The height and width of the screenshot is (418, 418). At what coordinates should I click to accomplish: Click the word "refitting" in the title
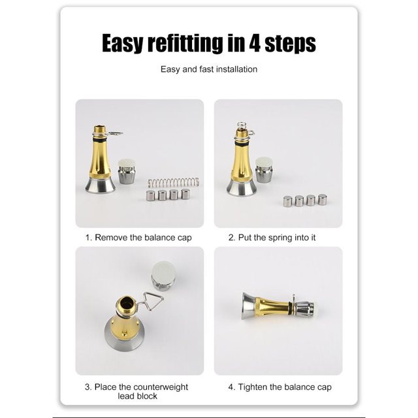point(185,43)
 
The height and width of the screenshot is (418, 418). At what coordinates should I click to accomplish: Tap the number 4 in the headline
point(255,42)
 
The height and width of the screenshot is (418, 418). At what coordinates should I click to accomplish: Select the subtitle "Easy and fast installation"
point(209,69)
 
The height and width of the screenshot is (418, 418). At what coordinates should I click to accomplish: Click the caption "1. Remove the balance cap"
point(138,238)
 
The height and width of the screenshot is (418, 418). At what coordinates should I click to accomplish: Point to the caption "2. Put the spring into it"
point(272,238)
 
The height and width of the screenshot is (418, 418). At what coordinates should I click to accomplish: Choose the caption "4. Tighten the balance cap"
point(280,387)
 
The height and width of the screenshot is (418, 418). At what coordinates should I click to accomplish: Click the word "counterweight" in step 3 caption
point(161,387)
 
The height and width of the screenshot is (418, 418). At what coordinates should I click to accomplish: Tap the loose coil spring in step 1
point(173,183)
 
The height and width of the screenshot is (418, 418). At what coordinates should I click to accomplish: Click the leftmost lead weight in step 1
point(150,195)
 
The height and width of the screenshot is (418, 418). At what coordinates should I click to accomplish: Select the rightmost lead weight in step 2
point(323,199)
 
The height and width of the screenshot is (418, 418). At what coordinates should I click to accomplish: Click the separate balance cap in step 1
point(127,171)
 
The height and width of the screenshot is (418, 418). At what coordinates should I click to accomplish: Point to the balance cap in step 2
point(264,170)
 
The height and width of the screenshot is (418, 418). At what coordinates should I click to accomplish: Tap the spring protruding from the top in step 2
point(241,125)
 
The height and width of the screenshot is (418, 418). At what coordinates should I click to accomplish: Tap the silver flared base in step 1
point(100,185)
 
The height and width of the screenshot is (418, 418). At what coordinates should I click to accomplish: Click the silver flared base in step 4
point(248,306)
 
